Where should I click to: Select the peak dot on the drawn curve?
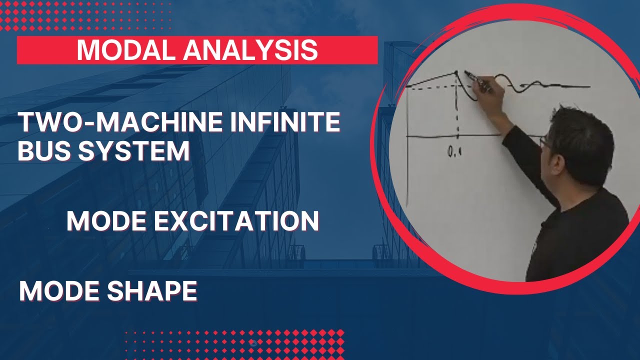456,73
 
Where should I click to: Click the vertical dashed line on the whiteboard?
457,110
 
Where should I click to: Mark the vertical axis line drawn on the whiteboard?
407,150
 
